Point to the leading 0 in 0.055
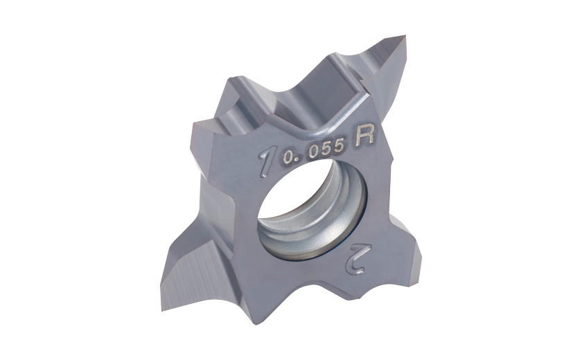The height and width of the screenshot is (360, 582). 287,159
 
